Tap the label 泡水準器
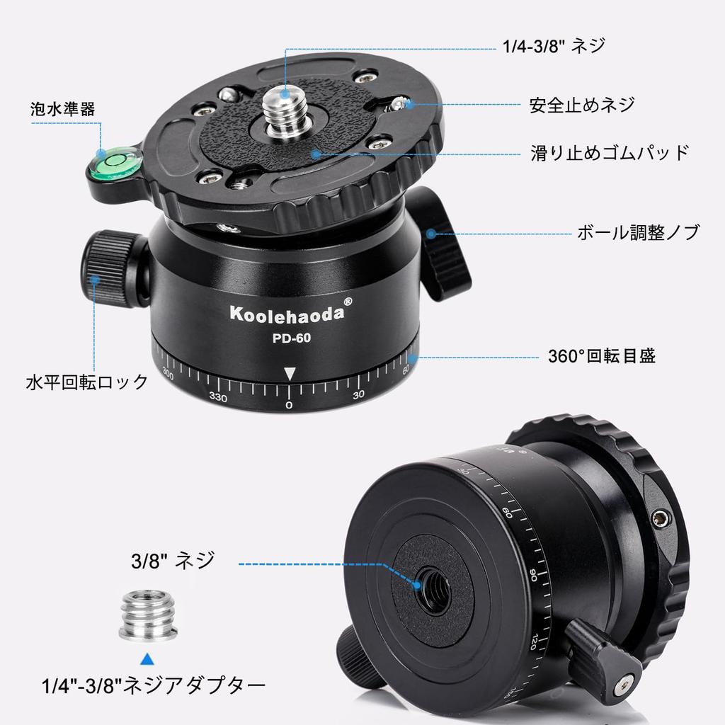pos(63,109)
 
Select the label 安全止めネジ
pos(582,105)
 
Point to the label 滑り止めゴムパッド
pos(609,152)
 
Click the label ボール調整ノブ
pos(636,232)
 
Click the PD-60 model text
pos(291,338)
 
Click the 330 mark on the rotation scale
pos(218,397)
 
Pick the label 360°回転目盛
pos(602,355)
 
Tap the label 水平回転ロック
pos(86,382)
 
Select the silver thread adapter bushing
pos(147,615)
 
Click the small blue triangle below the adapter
pos(147,660)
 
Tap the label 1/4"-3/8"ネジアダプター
pos(153,685)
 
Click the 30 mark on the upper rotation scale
pos(358,394)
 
